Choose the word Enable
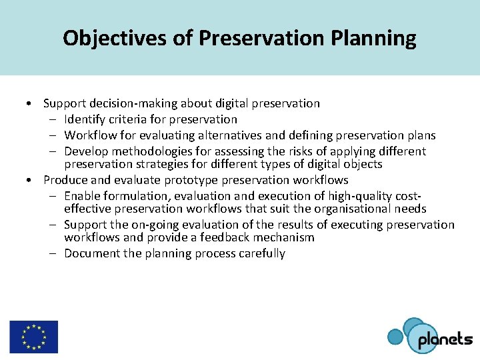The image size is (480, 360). [x=82, y=196]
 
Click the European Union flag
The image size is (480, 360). [x=33, y=337]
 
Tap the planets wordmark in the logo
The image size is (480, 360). [x=445, y=340]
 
